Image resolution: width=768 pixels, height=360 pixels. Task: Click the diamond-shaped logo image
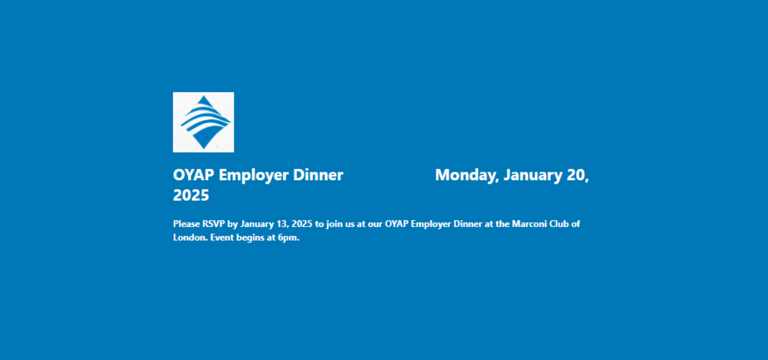203,122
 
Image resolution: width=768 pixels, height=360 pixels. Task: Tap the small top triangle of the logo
204,101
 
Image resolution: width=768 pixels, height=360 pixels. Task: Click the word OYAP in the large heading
194,175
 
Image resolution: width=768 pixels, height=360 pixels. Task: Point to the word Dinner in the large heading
318,175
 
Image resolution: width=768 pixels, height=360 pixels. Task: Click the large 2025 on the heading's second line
191,195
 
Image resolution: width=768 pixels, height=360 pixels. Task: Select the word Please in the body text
186,224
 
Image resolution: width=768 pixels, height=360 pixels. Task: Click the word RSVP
214,224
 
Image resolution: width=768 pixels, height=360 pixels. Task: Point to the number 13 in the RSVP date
282,224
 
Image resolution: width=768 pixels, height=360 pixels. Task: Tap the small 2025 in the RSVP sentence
302,224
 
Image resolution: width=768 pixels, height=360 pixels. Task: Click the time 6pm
288,238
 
